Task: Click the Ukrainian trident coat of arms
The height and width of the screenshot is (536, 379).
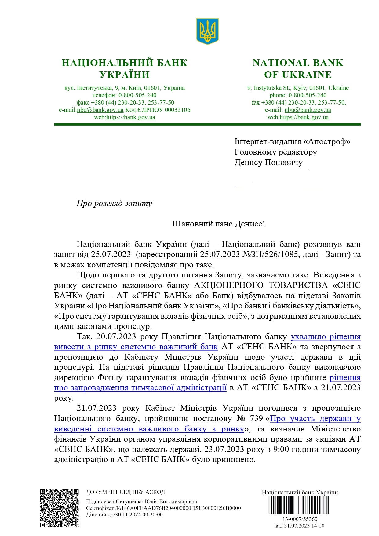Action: click(207, 31)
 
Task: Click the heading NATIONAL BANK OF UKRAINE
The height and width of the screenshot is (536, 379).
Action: click(298, 68)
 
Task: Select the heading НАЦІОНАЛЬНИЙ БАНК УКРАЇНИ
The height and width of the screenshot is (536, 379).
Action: click(124, 68)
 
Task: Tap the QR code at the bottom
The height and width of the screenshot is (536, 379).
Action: click(59, 508)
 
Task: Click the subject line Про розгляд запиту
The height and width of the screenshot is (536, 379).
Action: click(114, 203)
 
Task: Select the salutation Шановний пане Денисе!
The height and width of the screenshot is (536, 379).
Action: click(218, 224)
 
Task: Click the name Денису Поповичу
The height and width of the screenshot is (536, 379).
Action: click(268, 162)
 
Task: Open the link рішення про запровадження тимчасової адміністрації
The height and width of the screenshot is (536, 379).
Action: click(140, 388)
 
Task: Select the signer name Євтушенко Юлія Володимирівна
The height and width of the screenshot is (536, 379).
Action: click(156, 501)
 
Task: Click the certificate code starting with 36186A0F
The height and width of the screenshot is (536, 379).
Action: click(178, 508)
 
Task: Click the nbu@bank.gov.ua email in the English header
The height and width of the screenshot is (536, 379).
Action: click(308, 110)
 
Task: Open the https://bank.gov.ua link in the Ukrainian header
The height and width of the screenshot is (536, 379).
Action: click(130, 117)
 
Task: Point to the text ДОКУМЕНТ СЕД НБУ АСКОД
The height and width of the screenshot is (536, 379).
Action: click(126, 492)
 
